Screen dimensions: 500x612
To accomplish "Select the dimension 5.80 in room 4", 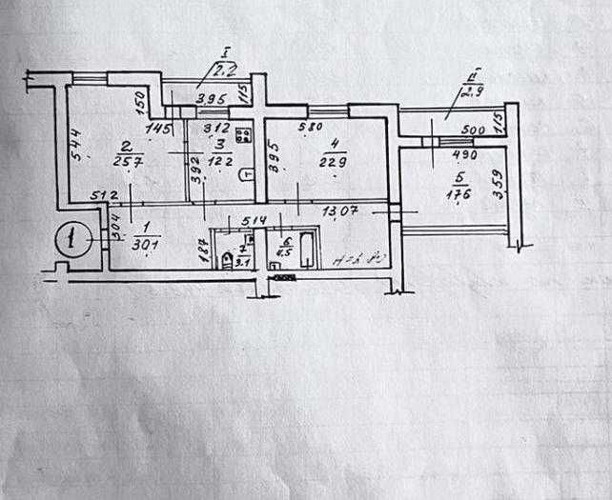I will point(310,127).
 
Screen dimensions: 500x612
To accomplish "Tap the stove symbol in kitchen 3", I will point(243,134).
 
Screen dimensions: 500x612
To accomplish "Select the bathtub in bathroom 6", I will point(308,250).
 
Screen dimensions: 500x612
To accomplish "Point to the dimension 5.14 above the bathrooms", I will point(253,222).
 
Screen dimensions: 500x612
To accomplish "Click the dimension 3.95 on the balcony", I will point(210,98).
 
